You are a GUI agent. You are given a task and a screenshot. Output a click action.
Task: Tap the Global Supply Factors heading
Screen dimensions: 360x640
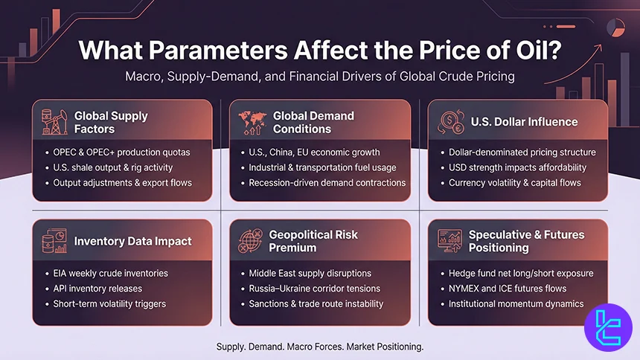pos(111,122)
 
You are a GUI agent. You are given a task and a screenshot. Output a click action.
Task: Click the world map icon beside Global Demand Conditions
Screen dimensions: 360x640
pos(251,122)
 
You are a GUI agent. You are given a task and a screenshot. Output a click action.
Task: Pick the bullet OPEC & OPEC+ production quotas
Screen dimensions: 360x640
pos(121,152)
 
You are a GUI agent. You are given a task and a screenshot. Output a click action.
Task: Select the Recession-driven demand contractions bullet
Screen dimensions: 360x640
pos(327,182)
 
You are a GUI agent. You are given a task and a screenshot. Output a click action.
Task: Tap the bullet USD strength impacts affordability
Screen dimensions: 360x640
pos(517,167)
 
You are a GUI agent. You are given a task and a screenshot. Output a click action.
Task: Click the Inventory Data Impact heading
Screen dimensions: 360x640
pos(132,241)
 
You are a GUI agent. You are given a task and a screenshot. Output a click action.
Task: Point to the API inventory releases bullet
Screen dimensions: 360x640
pos(97,288)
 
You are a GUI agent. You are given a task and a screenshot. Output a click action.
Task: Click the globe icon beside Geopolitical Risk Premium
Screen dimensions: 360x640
pos(251,241)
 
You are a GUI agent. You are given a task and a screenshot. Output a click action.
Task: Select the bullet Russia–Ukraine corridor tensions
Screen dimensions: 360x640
pos(314,288)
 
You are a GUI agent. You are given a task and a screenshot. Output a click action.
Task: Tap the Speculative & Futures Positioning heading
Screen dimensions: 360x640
pos(525,241)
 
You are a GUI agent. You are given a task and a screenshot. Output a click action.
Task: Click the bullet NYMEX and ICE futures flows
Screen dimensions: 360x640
pos(507,288)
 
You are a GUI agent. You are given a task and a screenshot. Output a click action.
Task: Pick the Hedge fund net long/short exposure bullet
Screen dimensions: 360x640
pos(521,273)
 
